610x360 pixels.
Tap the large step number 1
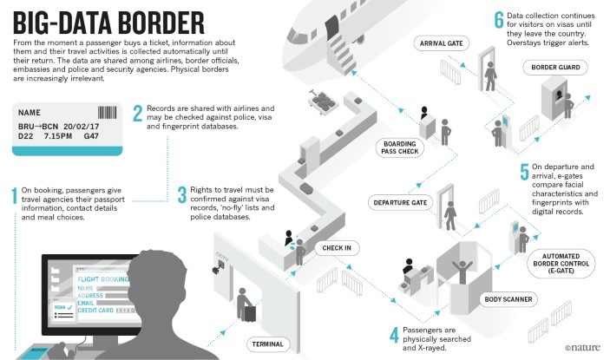(15, 198)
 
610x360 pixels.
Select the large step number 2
(138, 113)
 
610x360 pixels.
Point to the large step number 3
(181, 196)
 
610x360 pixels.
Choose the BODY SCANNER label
(506, 298)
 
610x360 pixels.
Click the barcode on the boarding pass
(107, 113)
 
